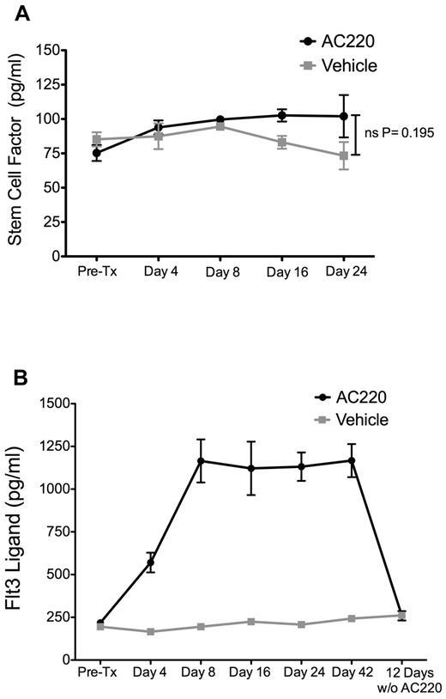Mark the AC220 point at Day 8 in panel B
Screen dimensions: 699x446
point(178,461)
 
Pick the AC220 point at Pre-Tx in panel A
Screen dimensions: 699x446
point(73,153)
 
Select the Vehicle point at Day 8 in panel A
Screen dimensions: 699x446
point(220,126)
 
